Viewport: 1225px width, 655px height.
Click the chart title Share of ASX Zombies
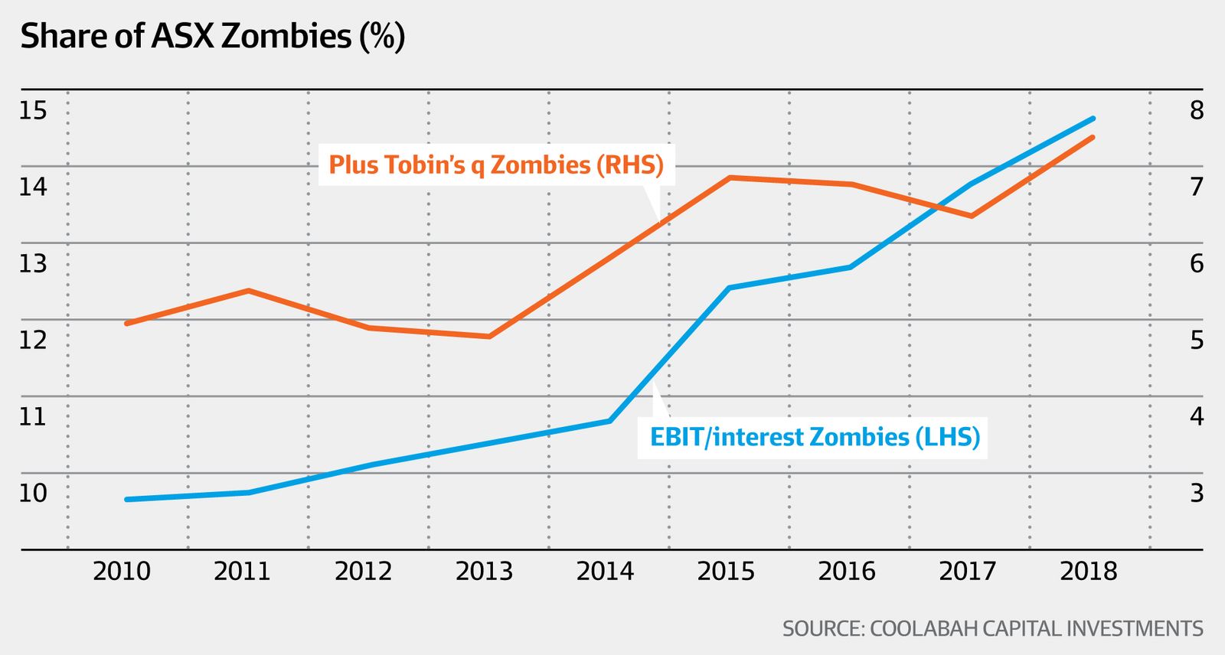[212, 37]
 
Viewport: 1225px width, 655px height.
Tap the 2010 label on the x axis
[122, 572]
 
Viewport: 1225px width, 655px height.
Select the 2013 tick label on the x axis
[484, 572]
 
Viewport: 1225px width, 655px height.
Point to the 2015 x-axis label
[726, 572]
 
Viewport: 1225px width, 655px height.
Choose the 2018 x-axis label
[1089, 572]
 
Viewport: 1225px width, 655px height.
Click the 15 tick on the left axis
[33, 111]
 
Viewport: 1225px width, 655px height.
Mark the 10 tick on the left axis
[33, 494]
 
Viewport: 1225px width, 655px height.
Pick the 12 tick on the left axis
[33, 340]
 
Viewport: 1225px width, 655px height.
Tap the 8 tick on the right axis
[1197, 111]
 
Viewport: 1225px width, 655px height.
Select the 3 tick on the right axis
[1197, 494]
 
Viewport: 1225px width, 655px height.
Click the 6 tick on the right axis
[1197, 264]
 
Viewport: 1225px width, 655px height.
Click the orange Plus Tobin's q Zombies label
[496, 165]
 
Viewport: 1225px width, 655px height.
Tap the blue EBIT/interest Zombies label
[815, 437]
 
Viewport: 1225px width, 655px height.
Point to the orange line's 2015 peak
[730, 178]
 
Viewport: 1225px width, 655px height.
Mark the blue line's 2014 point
[609, 421]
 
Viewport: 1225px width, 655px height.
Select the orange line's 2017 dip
[971, 217]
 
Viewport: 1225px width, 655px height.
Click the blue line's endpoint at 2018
[1093, 119]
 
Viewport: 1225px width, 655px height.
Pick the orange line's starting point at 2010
[126, 324]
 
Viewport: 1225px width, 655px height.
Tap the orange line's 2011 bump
[248, 291]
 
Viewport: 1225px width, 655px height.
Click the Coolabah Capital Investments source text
[992, 629]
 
